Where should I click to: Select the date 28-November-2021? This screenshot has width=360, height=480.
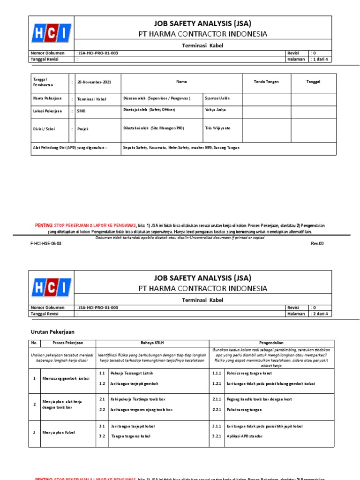(x=91, y=82)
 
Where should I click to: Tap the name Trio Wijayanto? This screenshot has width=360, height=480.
(x=218, y=128)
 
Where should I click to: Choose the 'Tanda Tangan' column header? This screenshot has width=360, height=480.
(x=266, y=82)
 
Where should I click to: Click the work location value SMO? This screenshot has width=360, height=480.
(x=82, y=112)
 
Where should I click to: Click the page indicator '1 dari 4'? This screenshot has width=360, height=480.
(x=321, y=60)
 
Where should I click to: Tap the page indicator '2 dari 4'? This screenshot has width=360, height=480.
(x=321, y=314)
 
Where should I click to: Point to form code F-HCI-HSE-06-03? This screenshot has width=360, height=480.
(x=46, y=244)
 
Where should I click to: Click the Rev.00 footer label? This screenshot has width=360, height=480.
(x=317, y=244)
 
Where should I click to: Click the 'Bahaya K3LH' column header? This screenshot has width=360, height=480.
(x=152, y=343)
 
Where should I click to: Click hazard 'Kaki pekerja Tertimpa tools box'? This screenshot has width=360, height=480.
(x=138, y=399)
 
